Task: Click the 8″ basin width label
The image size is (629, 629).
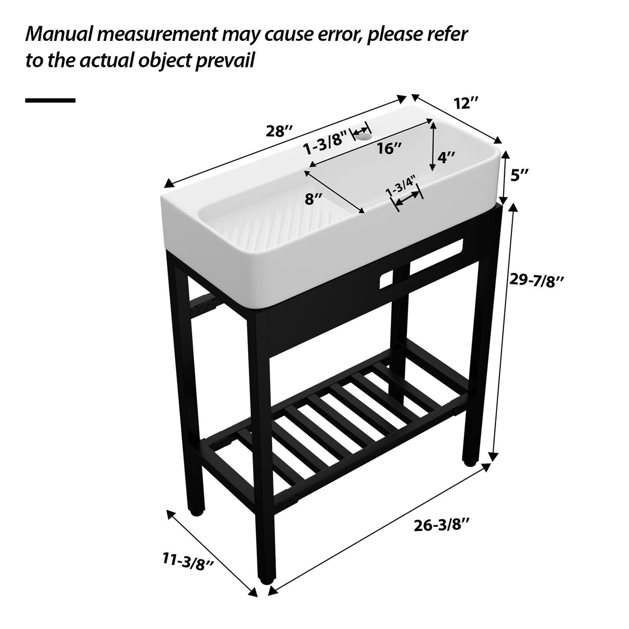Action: [x=313, y=199]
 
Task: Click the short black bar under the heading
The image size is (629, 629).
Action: [x=50, y=100]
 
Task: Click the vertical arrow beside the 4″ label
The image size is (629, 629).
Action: [x=433, y=146]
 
